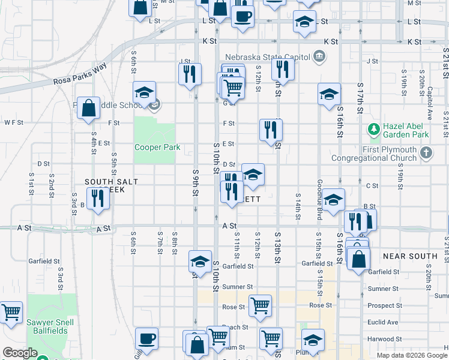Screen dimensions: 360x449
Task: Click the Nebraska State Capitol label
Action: [268, 57]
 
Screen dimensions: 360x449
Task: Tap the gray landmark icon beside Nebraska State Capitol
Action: [319, 57]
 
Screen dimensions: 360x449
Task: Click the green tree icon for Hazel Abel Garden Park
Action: [373, 129]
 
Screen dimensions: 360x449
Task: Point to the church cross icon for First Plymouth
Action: [426, 153]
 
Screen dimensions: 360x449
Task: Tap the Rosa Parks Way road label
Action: [80, 73]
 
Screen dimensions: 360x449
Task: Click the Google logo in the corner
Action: [20, 353]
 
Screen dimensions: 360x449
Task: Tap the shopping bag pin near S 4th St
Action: [88, 109]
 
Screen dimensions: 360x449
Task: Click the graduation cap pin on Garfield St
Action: [200, 261]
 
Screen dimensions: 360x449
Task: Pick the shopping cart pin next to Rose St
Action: [260, 305]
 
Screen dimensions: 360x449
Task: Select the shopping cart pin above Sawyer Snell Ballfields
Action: [11, 312]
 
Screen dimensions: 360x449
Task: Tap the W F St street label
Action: [13, 122]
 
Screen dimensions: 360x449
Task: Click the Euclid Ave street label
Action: [383, 322]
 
